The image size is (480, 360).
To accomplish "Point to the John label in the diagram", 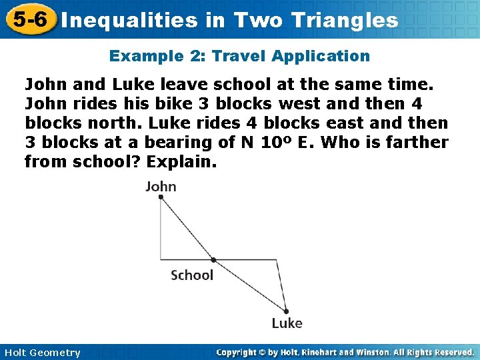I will pyautogui.click(x=161, y=187).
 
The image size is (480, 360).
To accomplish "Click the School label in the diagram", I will pyautogui.click(x=192, y=275).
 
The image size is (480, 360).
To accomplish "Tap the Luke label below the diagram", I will pyautogui.click(x=287, y=323).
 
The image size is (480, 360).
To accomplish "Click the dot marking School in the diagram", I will pyautogui.click(x=213, y=259).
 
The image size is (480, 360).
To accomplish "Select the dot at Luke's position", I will pyautogui.click(x=286, y=310).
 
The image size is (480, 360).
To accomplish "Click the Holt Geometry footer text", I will pyautogui.click(x=41, y=353).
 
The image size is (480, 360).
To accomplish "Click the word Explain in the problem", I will pyautogui.click(x=181, y=161).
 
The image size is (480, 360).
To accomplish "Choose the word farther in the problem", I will pyautogui.click(x=411, y=142).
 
